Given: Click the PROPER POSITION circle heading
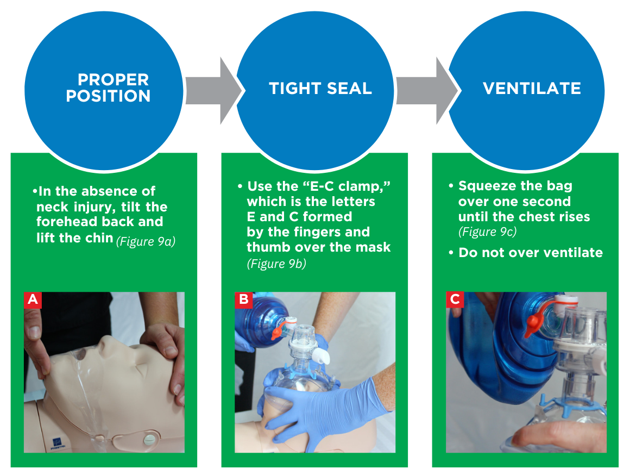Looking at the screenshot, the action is click(108, 87).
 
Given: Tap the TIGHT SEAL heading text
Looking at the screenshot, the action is click(320, 89).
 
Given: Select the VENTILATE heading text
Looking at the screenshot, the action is click(532, 89).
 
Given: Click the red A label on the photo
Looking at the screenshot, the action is click(33, 299).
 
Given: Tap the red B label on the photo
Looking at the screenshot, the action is click(244, 299).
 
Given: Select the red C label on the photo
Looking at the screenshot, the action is click(455, 299).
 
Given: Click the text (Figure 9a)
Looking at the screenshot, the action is click(146, 241).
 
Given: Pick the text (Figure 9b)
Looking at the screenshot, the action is click(276, 264).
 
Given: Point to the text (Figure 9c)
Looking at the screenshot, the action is click(487, 232).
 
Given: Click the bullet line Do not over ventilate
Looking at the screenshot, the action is click(526, 253).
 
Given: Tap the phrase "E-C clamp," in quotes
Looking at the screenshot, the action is click(346, 186).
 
